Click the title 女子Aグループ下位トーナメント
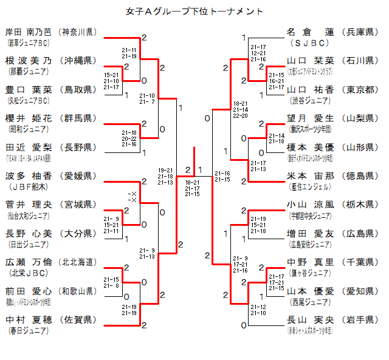[194, 11]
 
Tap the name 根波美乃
[29, 60]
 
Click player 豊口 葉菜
[29, 89]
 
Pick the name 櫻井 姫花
[29, 118]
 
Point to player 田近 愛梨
[29, 147]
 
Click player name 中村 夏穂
[29, 319]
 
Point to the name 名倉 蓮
[310, 31]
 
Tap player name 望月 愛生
[310, 118]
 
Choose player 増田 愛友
[310, 233]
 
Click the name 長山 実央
[310, 319]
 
